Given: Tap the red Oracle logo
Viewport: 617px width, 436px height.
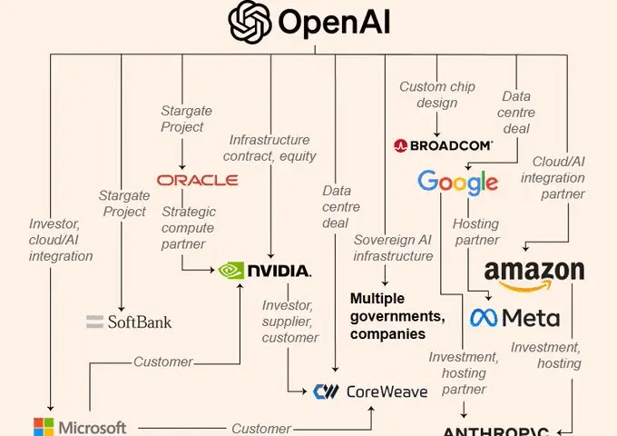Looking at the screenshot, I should [197, 180].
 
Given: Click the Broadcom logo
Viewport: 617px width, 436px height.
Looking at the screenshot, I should [444, 144].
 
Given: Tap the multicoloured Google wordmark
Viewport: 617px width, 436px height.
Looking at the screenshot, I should [457, 181].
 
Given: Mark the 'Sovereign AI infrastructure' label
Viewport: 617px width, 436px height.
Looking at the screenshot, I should [393, 248].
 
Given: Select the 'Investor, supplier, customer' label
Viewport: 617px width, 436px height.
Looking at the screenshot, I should [291, 321].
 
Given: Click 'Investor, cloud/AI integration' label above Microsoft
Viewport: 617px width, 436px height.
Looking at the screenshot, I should [60, 239].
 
